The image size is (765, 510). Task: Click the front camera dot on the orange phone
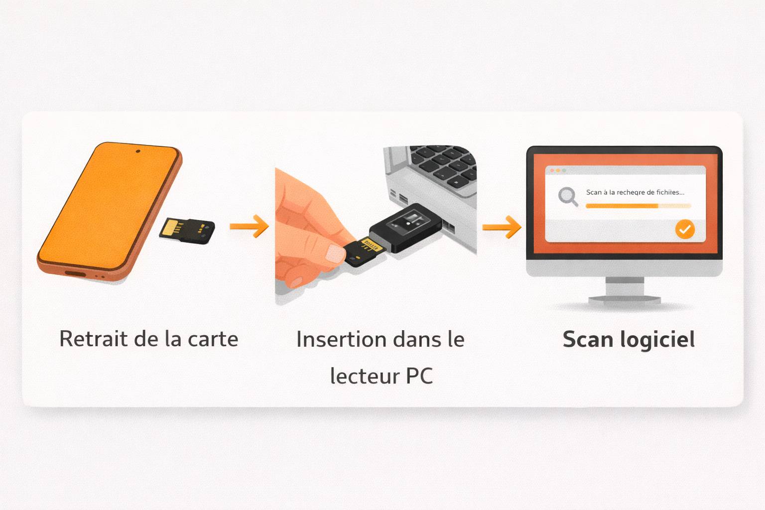138,151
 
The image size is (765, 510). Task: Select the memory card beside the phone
187,231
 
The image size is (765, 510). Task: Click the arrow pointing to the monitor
502,227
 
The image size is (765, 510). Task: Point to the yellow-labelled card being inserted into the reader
364,251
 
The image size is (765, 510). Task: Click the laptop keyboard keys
443,164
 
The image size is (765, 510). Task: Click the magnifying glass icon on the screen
568,196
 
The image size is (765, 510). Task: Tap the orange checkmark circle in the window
685,229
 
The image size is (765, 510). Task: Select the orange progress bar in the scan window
622,206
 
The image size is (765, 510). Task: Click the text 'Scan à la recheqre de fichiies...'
635,192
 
